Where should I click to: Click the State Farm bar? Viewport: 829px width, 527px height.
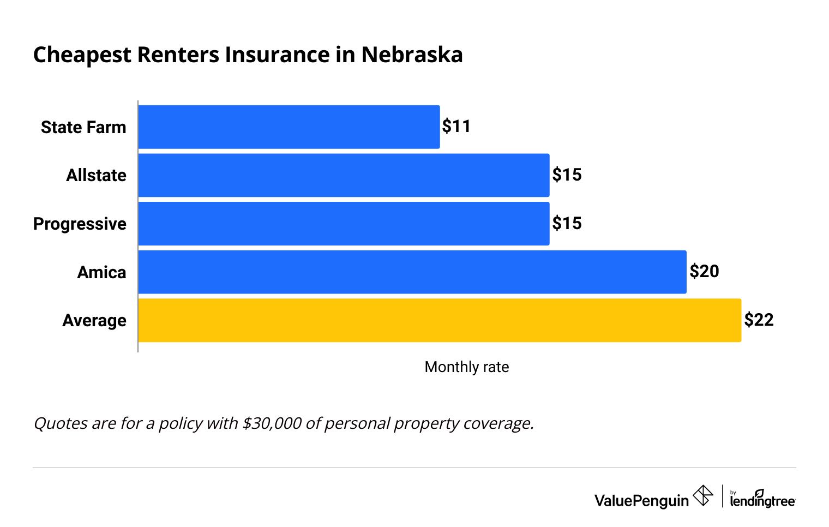(289, 127)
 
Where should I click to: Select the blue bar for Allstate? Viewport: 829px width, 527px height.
(344, 175)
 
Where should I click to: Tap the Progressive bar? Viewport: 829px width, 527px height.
(344, 224)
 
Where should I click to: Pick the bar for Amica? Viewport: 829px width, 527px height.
(412, 272)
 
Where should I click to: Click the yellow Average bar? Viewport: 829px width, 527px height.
(440, 320)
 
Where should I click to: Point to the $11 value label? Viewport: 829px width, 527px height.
(456, 127)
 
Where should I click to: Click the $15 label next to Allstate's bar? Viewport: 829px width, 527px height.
(567, 175)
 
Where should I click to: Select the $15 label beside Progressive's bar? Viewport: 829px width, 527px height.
(567, 223)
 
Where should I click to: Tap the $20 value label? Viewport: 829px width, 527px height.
(704, 271)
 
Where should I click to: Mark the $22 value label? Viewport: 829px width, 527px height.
(759, 320)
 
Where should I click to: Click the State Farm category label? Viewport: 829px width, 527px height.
(83, 127)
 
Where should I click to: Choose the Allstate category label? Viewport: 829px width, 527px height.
(96, 175)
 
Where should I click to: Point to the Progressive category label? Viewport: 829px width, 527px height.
(80, 224)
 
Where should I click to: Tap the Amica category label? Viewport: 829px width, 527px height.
(101, 272)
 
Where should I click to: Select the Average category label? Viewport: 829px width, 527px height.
(94, 320)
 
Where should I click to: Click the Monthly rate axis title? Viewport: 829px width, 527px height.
(466, 367)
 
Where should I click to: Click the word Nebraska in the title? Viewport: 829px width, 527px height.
(412, 55)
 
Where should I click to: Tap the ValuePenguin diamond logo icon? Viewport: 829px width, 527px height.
(702, 496)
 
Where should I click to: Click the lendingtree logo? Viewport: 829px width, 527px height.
(762, 499)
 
